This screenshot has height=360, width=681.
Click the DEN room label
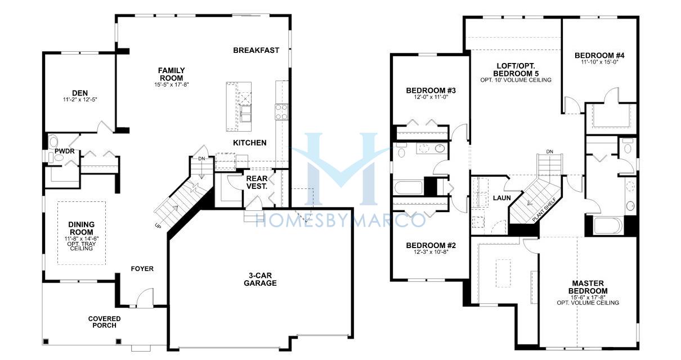tap(80, 93)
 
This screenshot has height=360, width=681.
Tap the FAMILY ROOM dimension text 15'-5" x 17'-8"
tap(172, 85)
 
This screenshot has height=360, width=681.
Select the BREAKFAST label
tap(256, 50)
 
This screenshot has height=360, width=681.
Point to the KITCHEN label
tap(249, 142)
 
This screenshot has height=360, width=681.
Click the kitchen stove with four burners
tap(281, 112)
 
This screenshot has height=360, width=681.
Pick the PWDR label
tap(65, 151)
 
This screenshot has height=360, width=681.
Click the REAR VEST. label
tap(257, 182)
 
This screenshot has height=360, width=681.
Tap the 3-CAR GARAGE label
tap(260, 279)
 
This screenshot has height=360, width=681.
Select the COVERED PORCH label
tap(104, 322)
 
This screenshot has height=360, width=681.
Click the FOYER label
tap(142, 268)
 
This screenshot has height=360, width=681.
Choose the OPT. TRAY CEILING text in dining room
tap(82, 246)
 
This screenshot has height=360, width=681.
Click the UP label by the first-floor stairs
tap(158, 226)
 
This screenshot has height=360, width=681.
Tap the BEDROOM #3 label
tap(431, 91)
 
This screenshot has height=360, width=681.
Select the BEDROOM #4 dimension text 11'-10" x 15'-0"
tap(599, 62)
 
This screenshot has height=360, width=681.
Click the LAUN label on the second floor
tap(502, 198)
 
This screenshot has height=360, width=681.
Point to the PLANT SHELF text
tap(544, 209)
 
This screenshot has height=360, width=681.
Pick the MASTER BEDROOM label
tap(588, 287)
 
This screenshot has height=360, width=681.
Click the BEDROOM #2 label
tap(431, 245)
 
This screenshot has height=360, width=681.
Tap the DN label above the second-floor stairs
tap(549, 152)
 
